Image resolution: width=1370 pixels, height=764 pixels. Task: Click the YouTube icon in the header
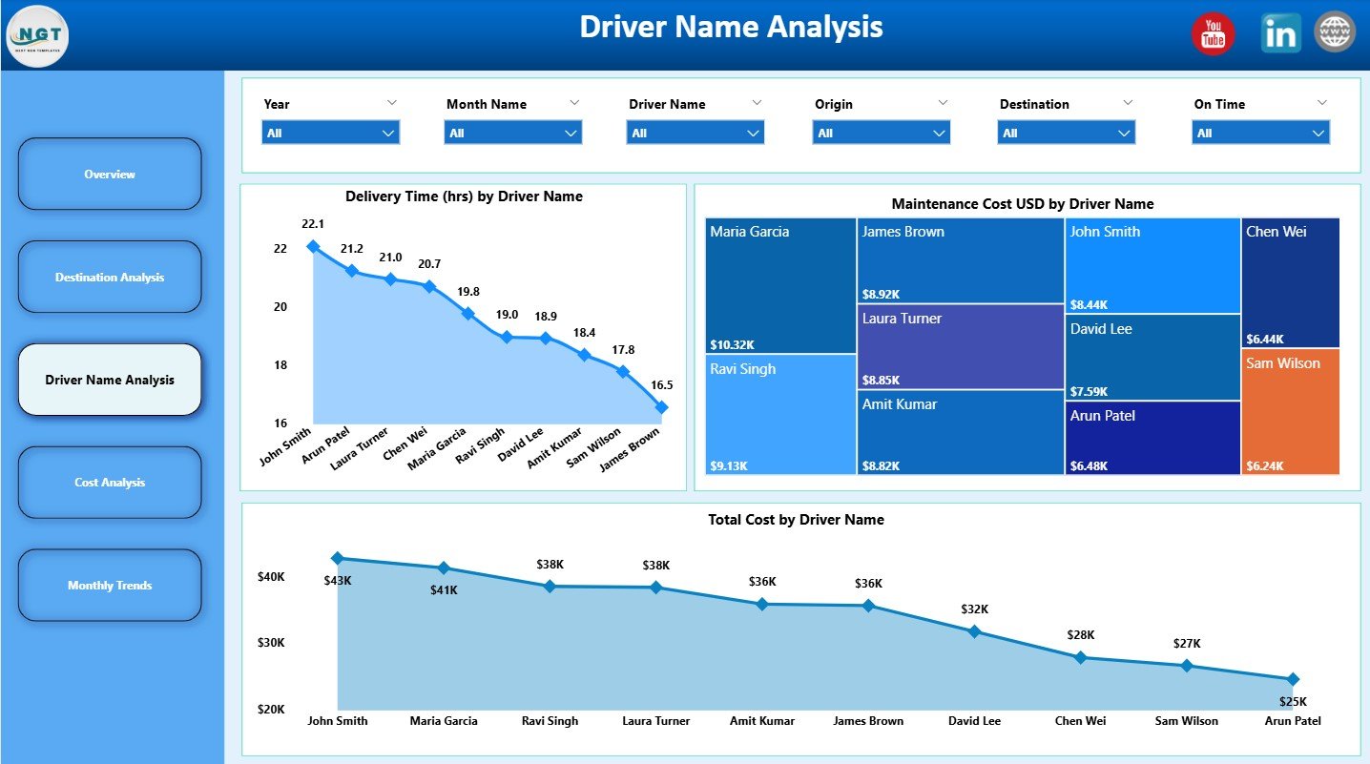coord(1213,34)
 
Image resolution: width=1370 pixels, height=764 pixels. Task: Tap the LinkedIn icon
coord(1280,33)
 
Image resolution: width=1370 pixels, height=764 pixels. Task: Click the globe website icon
coord(1335,32)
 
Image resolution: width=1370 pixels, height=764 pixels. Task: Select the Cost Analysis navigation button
coord(110,483)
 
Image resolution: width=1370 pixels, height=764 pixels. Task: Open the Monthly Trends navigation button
coord(110,586)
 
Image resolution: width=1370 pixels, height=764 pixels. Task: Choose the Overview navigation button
coord(110,175)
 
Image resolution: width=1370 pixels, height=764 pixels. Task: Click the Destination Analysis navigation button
coord(110,278)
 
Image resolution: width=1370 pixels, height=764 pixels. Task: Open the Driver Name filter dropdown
coord(695,134)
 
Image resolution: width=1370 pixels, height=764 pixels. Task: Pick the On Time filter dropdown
coord(1260,134)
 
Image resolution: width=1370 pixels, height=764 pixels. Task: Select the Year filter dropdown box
coord(330,134)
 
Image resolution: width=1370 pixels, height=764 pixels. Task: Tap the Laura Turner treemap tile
coord(961,346)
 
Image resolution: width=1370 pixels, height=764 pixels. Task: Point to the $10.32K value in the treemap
coord(733,344)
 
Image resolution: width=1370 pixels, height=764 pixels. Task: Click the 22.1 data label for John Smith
coord(313,224)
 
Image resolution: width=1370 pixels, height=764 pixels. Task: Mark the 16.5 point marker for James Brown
coord(662,407)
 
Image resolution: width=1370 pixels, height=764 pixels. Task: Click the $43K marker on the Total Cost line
coord(337,558)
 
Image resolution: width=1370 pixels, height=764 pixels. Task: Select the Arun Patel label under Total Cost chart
coord(1292,721)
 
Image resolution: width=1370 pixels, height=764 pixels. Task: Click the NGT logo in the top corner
coord(37,35)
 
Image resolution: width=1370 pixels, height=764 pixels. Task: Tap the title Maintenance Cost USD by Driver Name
coord(1022,204)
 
